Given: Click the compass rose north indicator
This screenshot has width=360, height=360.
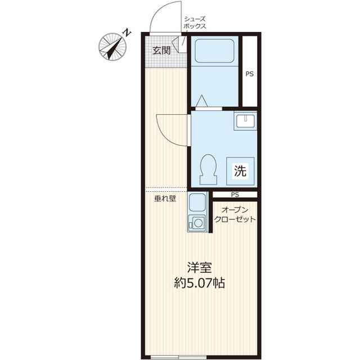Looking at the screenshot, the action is coord(112,47).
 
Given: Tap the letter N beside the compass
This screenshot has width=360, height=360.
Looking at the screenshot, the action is coord(127,33).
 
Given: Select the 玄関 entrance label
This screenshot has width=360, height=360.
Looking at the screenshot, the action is coord(161,50).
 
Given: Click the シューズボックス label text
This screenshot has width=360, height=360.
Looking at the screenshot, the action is coord(195,22).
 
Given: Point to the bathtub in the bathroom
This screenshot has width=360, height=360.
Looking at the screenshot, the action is coord(214,51).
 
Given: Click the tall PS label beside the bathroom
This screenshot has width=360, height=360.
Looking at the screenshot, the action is coord(250,74).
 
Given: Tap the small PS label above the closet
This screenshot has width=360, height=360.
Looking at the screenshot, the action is coord(235,195).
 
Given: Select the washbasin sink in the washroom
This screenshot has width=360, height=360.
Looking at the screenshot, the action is coord(245,121).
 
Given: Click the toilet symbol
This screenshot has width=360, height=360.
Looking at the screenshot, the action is coord(208,169).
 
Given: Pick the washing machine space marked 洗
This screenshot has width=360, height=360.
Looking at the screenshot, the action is coord(240,171).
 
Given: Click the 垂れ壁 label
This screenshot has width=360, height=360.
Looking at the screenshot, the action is coord(165,199).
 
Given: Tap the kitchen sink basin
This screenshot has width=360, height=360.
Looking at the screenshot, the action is coord(197,202).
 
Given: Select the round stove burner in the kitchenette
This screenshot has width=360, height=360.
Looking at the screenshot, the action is coord(198,223).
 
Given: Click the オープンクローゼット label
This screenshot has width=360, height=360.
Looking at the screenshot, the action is coord(235,214).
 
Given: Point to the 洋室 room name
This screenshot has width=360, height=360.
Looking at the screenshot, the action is coord(199,267).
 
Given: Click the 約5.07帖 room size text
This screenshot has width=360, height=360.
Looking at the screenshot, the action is coord(199,282).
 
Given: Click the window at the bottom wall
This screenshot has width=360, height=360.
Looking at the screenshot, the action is coord(178,358).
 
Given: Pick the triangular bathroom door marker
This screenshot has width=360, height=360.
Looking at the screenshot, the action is coord(202,101).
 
